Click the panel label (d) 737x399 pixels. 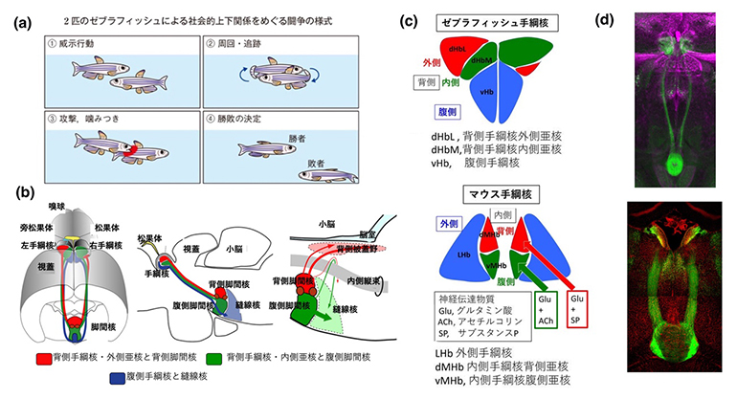(x=630, y=19)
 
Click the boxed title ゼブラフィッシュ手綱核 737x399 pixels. (x=488, y=19)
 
